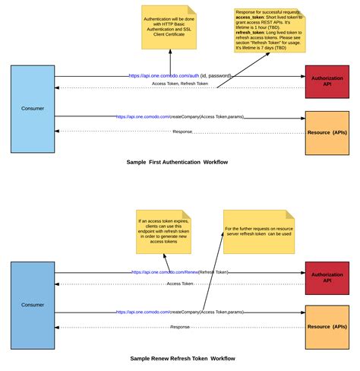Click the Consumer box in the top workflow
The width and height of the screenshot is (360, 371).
click(33, 108)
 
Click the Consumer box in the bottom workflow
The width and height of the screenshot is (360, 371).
click(33, 303)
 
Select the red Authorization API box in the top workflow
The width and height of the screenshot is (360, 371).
click(327, 81)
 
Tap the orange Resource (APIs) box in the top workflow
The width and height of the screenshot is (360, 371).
click(327, 132)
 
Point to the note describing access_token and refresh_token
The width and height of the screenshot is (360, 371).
click(270, 31)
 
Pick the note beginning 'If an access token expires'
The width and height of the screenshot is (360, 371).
click(163, 232)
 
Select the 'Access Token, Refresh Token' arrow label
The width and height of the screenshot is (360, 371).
click(180, 84)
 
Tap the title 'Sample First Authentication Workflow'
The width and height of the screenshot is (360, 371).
click(177, 162)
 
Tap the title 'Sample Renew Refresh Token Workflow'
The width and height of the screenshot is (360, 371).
click(182, 358)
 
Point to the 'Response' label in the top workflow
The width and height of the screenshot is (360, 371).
click(182, 132)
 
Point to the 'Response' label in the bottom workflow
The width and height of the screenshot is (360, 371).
click(180, 327)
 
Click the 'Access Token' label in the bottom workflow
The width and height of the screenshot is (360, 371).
click(180, 283)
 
